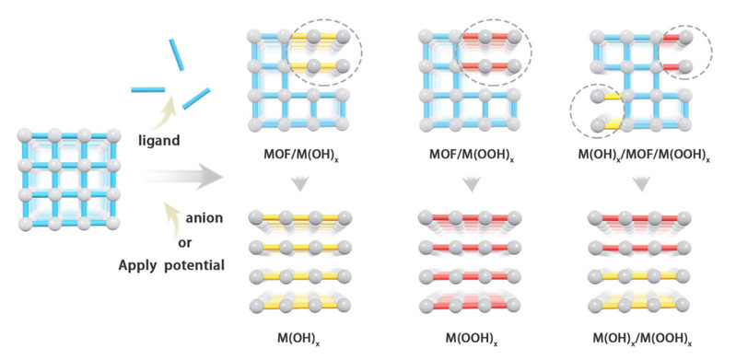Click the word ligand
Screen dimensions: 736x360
click(x=158, y=140)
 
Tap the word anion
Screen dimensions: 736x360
click(x=204, y=218)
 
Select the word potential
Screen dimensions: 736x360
click(x=194, y=266)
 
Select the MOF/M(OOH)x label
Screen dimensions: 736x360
click(x=472, y=155)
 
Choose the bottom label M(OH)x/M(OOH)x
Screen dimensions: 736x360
click(x=642, y=338)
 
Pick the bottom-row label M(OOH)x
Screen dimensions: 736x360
click(x=472, y=338)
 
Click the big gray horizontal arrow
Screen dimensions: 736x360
click(x=183, y=177)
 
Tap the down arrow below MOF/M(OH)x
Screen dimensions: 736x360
click(x=300, y=183)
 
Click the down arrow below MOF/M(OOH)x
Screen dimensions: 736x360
click(x=472, y=183)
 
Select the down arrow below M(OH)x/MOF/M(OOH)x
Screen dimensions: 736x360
click(x=642, y=183)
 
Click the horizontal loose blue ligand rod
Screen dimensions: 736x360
click(x=148, y=89)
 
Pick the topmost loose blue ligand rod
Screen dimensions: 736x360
click(x=177, y=54)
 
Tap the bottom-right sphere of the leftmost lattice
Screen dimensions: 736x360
click(x=112, y=223)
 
